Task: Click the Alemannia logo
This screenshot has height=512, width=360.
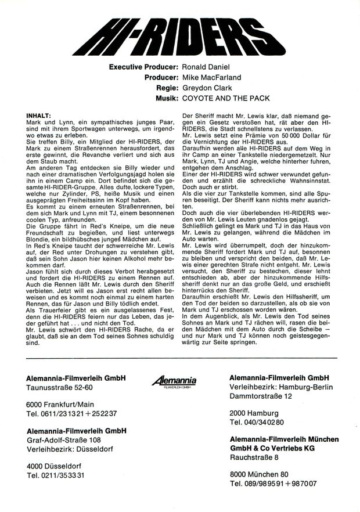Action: pos(174,381)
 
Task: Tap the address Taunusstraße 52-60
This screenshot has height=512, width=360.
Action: pos(60,387)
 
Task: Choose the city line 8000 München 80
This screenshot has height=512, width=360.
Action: pos(259,474)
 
